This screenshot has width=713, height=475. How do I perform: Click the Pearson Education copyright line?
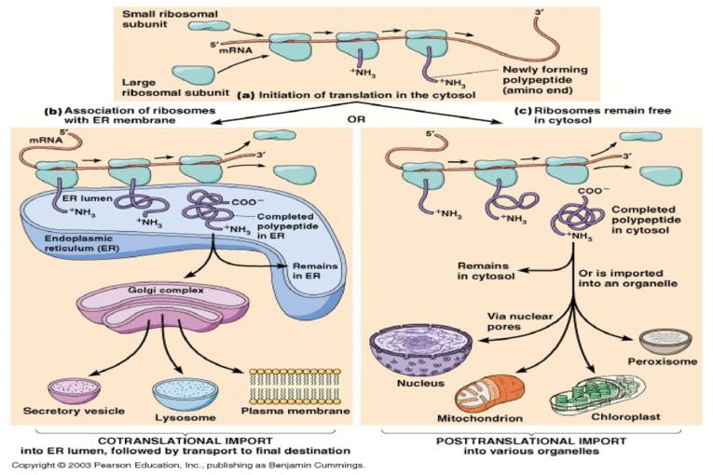pos(185,464)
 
